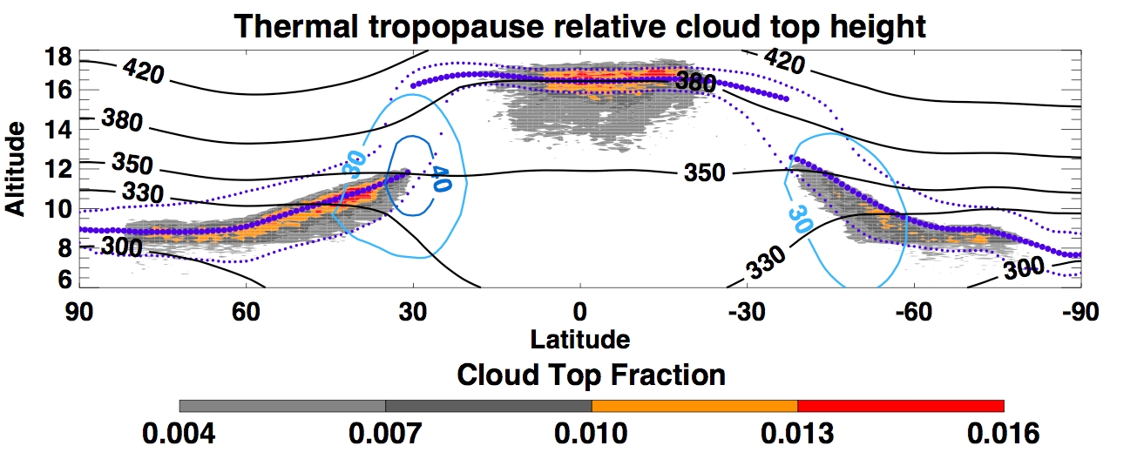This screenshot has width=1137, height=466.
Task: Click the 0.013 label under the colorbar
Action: click(798, 433)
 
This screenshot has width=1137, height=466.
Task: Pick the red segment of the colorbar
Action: click(901, 406)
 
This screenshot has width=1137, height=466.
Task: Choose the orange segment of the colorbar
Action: click(694, 406)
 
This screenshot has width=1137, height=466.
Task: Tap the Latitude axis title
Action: click(579, 338)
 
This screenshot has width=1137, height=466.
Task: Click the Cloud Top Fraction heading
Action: click(591, 375)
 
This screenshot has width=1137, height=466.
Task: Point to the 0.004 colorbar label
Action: click(179, 433)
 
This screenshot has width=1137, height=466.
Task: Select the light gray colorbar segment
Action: click(282, 406)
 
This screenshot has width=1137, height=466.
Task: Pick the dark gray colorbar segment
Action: click(488, 406)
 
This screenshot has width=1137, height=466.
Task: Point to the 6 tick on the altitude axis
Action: click(63, 280)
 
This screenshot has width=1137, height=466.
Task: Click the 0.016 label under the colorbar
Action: click(1004, 433)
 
